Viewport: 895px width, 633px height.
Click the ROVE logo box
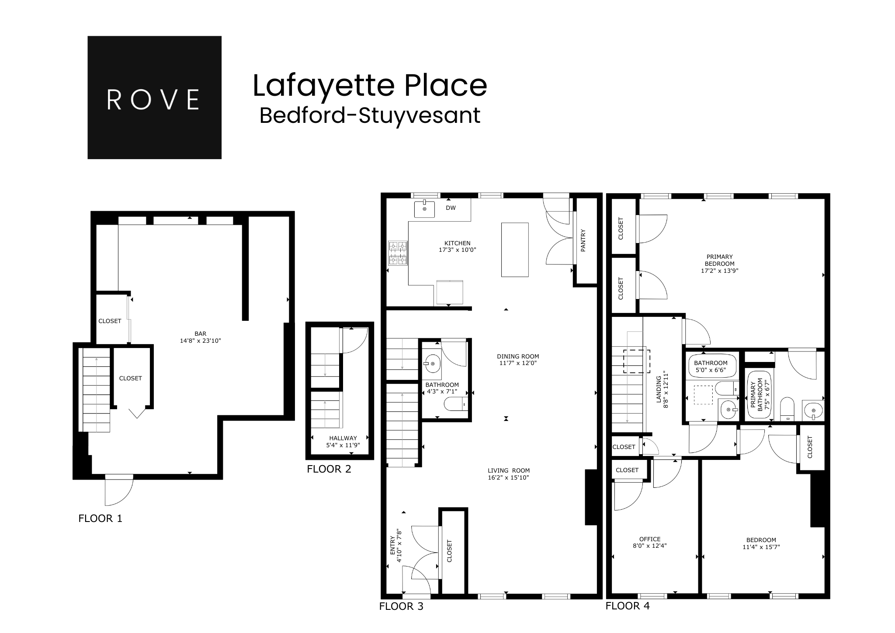click(154, 97)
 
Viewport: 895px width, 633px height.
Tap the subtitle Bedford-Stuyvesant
click(370, 116)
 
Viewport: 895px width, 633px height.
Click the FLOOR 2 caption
click(329, 469)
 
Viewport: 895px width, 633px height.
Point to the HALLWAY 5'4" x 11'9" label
click(343, 442)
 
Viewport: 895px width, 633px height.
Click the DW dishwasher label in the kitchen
click(451, 208)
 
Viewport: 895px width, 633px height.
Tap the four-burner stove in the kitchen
click(398, 253)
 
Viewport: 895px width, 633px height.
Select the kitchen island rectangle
click(515, 250)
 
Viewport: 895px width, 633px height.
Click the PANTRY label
click(583, 240)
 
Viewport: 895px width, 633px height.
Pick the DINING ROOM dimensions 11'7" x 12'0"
click(518, 363)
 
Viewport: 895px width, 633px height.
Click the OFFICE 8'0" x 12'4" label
click(649, 542)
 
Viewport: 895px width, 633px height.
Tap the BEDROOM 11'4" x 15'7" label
click(761, 543)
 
